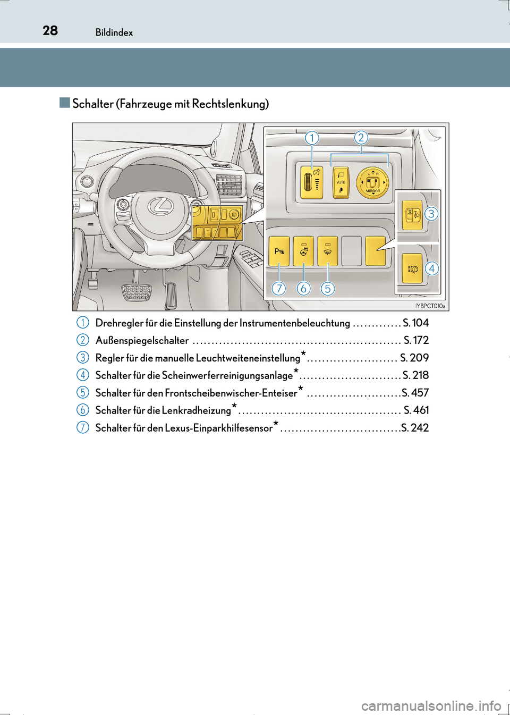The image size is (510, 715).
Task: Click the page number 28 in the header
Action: (50, 30)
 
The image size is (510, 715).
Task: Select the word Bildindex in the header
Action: (114, 32)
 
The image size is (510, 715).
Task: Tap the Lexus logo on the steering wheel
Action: (160, 206)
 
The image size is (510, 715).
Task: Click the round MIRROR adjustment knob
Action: (372, 183)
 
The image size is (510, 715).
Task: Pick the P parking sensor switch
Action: (279, 251)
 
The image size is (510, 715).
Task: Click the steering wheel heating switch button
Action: (303, 251)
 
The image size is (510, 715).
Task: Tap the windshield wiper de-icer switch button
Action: (328, 251)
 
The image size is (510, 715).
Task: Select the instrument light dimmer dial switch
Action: (312, 183)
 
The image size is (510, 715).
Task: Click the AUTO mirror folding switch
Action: (341, 183)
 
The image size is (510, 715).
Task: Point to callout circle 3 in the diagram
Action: (431, 214)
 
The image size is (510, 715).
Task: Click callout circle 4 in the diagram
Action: (432, 268)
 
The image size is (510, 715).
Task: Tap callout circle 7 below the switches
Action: (279, 288)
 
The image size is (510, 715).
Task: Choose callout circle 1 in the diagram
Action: (312, 138)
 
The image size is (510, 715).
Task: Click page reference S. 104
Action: (415, 323)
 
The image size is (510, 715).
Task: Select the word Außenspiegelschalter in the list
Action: (142, 340)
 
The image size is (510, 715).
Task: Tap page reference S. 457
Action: (415, 393)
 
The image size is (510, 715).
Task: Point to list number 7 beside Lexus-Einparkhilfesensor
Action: (82, 427)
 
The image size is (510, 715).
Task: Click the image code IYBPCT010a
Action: (430, 306)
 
